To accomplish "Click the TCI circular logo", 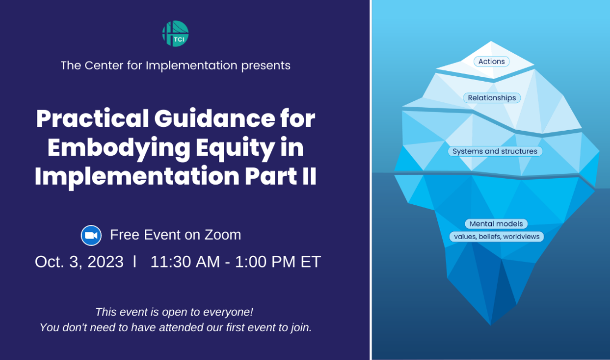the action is (175, 33).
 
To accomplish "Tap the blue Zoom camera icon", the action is (91, 235).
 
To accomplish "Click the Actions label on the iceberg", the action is (491, 62).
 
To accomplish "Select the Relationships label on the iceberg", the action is (492, 97).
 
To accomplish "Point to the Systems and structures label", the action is (495, 151).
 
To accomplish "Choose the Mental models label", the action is (496, 224).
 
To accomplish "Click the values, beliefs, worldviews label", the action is (496, 236).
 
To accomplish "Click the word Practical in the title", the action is (93, 119).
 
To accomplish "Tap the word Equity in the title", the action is (235, 148).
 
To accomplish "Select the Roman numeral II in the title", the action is (309, 176).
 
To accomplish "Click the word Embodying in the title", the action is (119, 148).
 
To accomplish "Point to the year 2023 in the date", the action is (106, 262).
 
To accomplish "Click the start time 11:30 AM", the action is (185, 262).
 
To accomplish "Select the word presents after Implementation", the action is (266, 66).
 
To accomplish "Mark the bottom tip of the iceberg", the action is (491, 325).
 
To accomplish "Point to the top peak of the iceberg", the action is (491, 41).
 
